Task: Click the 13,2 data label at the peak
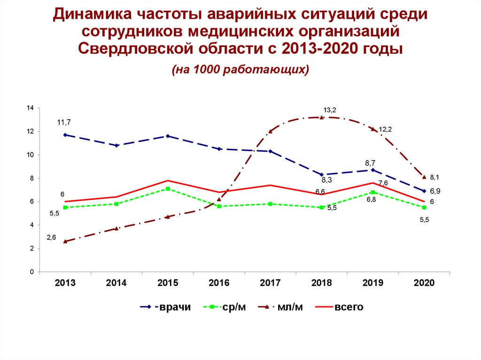point(330,110)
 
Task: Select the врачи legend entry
point(166,307)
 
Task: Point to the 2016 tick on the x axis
point(219,283)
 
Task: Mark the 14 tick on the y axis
point(30,108)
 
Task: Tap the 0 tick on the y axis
point(32,272)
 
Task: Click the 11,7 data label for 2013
point(64,123)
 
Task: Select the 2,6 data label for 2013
point(51,238)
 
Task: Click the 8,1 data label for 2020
point(434,177)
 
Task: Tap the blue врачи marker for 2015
point(168,136)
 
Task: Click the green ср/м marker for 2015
point(168,189)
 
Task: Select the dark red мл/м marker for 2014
point(116,229)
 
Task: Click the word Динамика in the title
point(92,14)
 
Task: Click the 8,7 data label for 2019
point(370,163)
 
